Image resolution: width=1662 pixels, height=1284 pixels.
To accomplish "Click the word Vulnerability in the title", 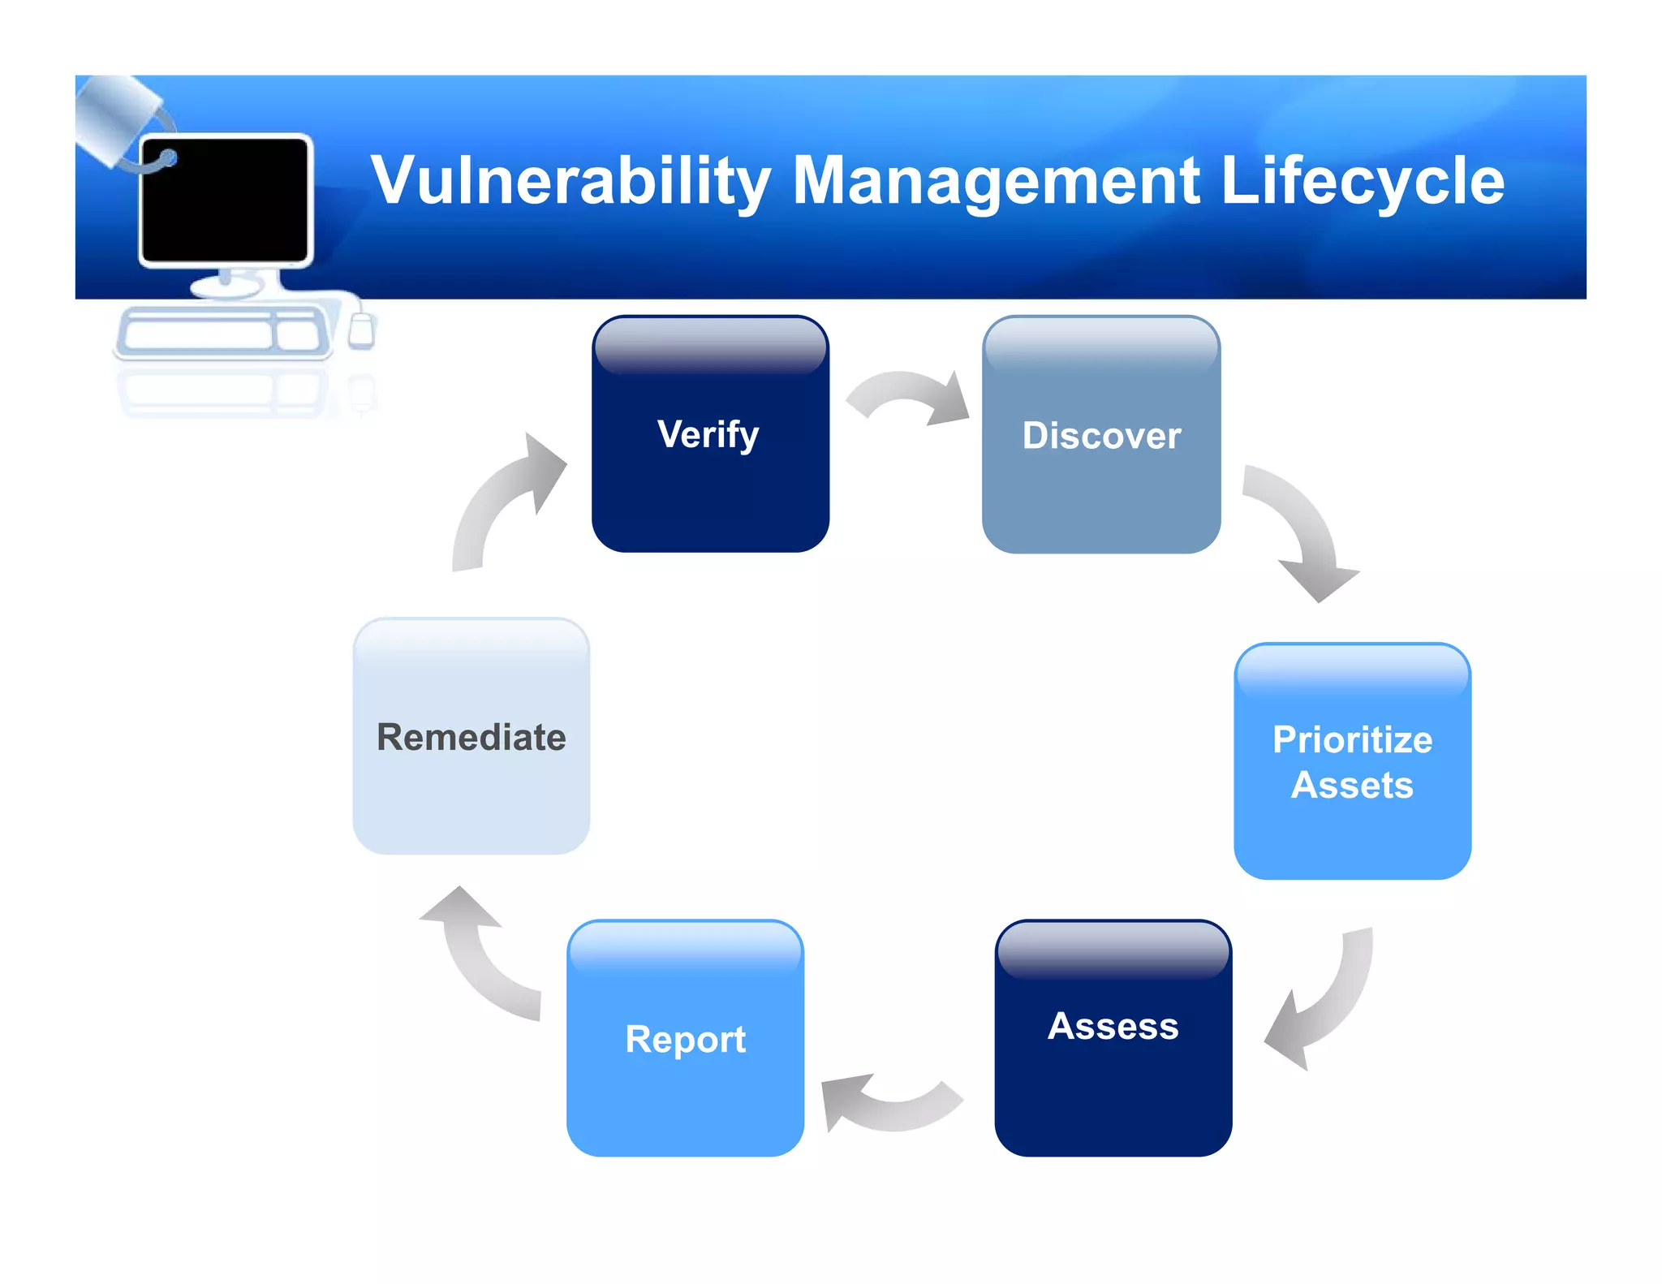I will pyautogui.click(x=570, y=180).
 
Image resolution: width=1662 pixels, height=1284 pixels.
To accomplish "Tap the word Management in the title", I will pyautogui.click(x=996, y=180).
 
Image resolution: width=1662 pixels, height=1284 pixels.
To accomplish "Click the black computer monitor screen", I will pyautogui.click(x=225, y=200).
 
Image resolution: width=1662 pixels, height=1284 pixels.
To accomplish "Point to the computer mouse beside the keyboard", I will pyautogui.click(x=361, y=329).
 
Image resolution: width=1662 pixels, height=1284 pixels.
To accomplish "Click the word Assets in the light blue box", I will pyautogui.click(x=1352, y=785).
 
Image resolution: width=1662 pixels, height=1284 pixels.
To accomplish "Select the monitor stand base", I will pyautogui.click(x=226, y=287).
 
